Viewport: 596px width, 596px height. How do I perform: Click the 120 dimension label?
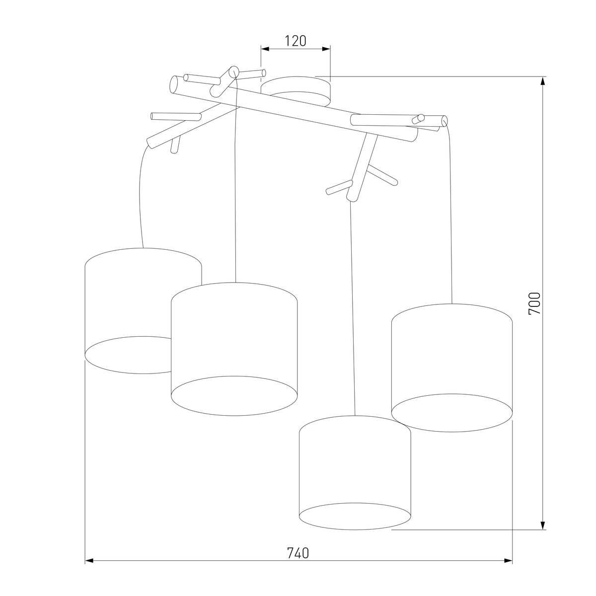coord(295,41)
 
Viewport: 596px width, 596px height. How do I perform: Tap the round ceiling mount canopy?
coord(296,89)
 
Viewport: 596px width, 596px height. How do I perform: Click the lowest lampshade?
coord(355,467)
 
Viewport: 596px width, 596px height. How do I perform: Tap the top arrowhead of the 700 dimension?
coord(543,81)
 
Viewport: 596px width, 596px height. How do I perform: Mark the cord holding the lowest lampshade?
coord(353,308)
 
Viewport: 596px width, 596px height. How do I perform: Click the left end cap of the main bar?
coord(174,85)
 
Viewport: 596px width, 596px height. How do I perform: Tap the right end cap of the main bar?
coord(444,121)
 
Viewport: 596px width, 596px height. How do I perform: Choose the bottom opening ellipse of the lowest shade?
coord(355,517)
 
